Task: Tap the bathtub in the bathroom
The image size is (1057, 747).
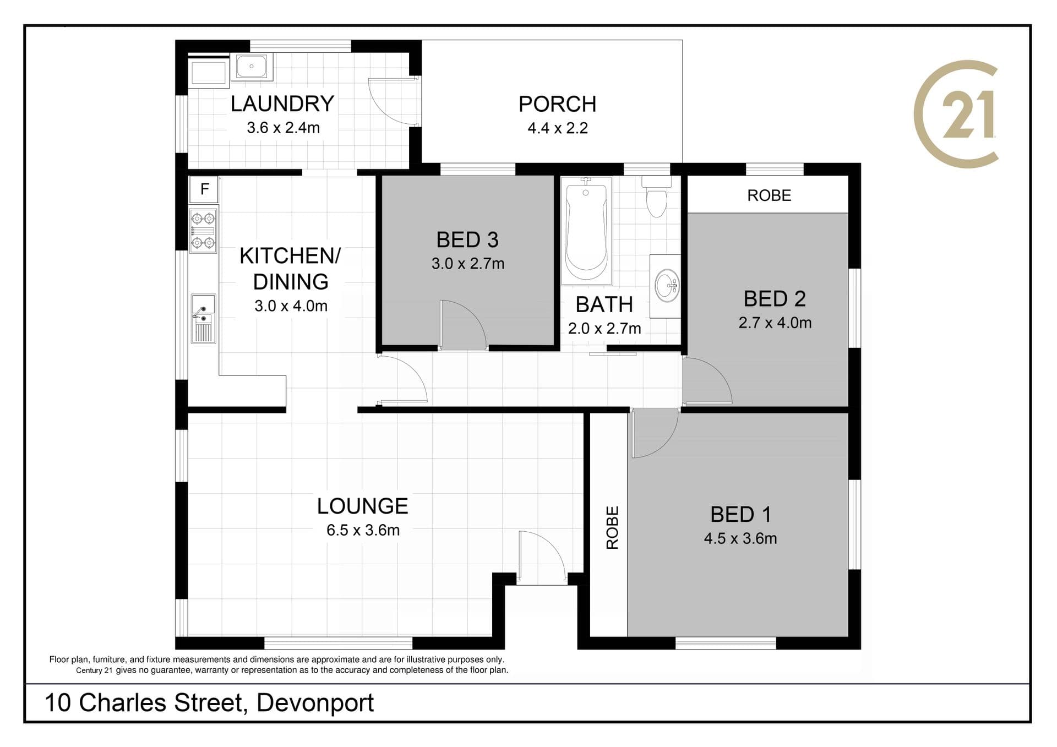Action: [586, 231]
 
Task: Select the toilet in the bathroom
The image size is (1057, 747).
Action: [656, 197]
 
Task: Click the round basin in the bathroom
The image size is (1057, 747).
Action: [667, 286]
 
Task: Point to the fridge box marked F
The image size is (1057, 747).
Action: [204, 189]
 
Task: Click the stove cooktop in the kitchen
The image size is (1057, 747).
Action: [203, 230]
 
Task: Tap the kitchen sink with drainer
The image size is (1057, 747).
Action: [203, 319]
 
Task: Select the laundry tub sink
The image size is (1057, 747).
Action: [252, 67]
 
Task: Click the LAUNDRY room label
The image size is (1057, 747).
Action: [282, 103]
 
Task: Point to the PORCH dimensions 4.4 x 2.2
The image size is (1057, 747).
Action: [558, 128]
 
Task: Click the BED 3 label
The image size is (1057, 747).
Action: [467, 240]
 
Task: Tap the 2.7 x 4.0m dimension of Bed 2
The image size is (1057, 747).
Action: [775, 323]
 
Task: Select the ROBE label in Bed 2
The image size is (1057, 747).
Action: [769, 195]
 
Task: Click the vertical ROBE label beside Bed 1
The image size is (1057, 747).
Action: [612, 527]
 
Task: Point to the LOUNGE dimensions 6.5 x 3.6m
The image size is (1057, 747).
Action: [363, 530]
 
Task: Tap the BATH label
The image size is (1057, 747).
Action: [604, 304]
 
